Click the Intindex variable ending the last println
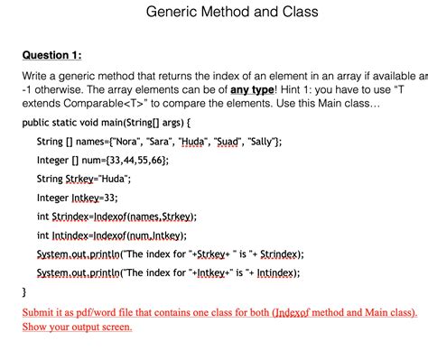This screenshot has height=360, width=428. pos(274,272)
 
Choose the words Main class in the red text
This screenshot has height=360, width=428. pos(386,312)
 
